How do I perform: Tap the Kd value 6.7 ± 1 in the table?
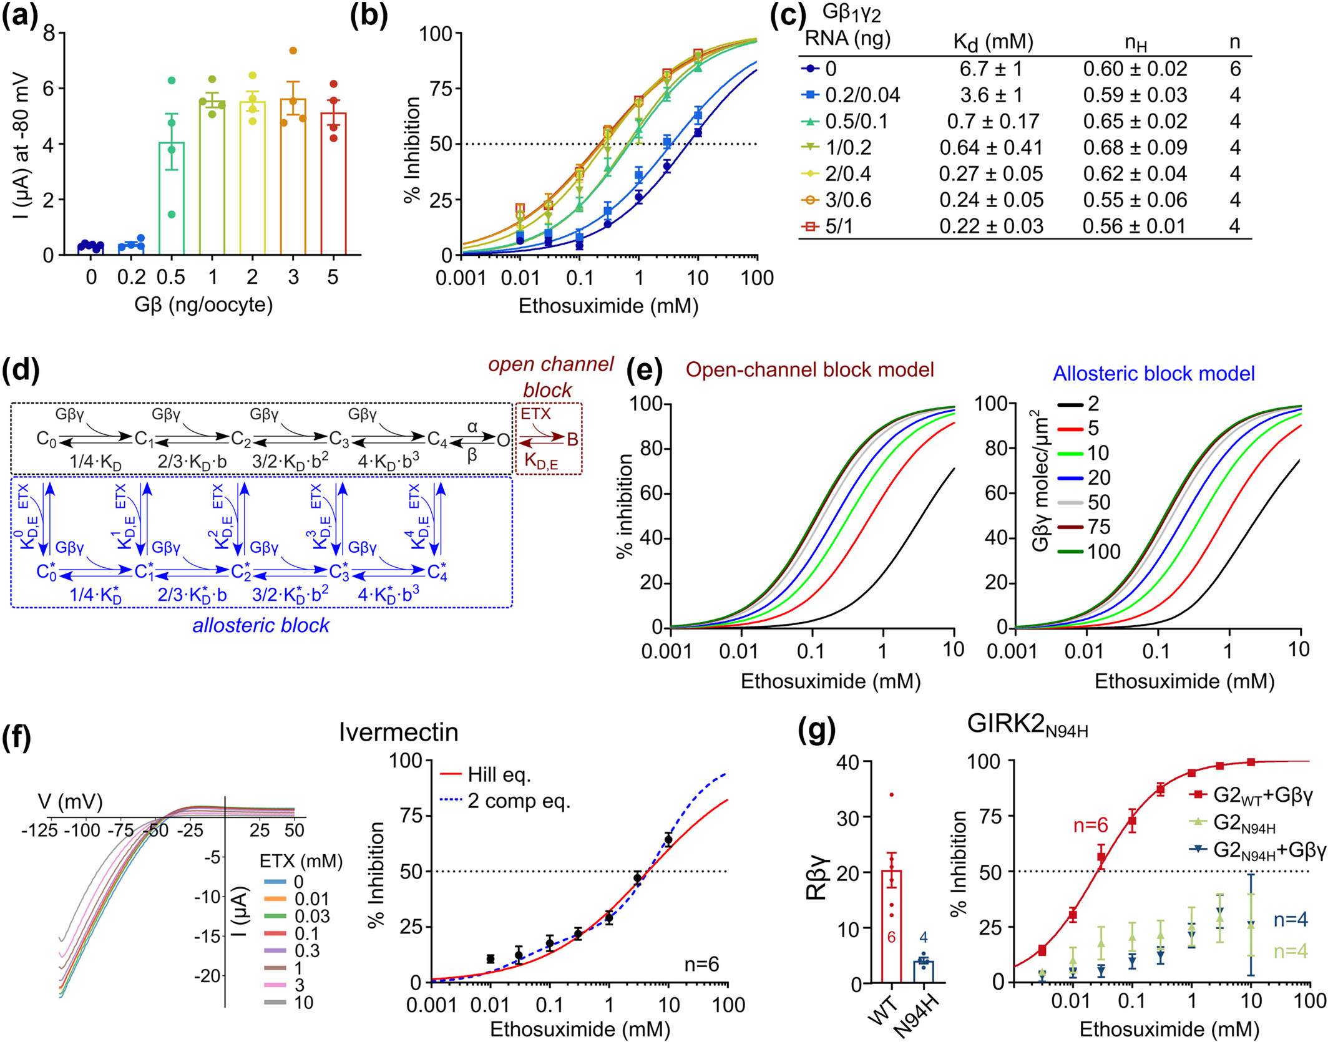pos(991,69)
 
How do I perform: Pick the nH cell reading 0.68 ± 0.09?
pos(1135,148)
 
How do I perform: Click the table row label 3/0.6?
pos(848,200)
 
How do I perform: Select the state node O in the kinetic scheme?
pos(503,441)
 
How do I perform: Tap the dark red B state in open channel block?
pos(572,440)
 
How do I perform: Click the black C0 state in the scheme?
pos(46,439)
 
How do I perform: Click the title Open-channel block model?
pos(809,370)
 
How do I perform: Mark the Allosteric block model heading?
pos(1153,374)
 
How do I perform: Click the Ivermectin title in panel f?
pos(398,733)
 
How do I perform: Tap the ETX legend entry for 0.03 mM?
pos(311,916)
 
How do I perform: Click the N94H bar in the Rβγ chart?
pos(923,971)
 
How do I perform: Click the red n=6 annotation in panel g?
pos(1090,825)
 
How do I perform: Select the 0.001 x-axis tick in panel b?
pos(461,278)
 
